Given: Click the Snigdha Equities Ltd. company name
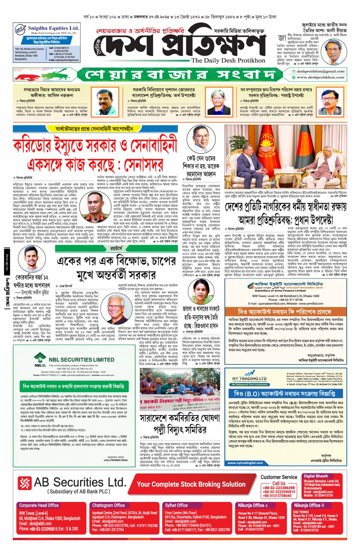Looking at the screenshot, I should pos(53,28).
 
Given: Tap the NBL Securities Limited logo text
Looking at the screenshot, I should pos(81,359).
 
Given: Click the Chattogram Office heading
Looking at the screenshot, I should pos(108,505).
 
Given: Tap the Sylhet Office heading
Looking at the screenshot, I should pos(176,505).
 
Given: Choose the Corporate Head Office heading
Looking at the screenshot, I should pos(39,505).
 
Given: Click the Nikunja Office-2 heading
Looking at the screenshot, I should pos(309,505).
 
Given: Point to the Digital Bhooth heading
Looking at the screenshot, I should pos(316,476).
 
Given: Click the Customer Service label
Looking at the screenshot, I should pos(279,477).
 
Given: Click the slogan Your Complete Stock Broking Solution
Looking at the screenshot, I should pos(191,484).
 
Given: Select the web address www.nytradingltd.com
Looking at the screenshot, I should pos(245,463).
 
